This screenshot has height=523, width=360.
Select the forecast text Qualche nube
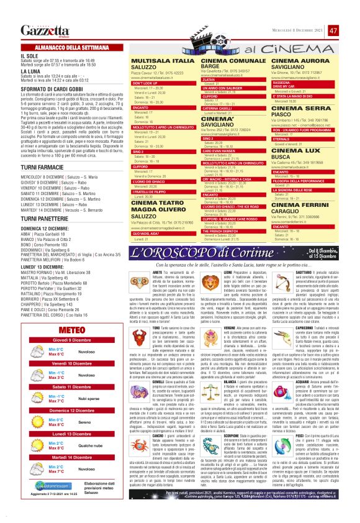[73, 463]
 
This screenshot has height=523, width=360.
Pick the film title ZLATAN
[209, 79]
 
